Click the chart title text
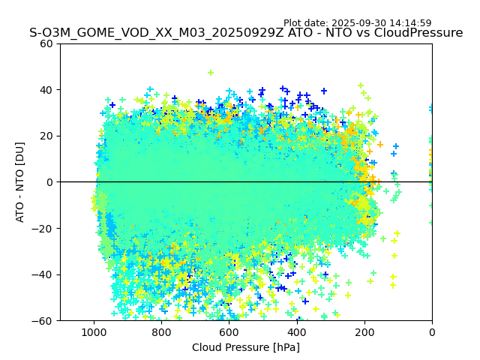coord(246,33)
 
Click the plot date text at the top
coord(357,23)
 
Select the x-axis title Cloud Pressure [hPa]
coord(246,347)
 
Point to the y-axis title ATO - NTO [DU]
coord(20,182)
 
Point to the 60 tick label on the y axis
coord(46,43)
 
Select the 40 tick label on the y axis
coord(46,90)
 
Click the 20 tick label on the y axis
coord(46,136)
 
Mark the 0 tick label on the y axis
coord(49,182)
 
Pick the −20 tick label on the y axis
coord(43,229)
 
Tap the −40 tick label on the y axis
coord(43,274)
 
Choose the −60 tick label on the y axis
coord(43,321)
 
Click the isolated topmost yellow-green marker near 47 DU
coord(211,73)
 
